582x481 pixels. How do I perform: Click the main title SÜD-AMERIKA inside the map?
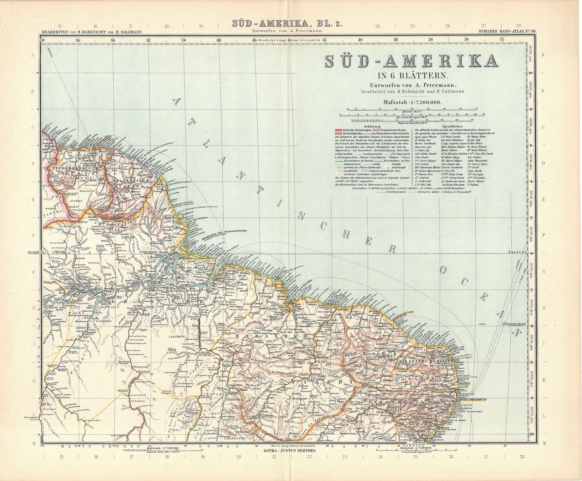pos(411,62)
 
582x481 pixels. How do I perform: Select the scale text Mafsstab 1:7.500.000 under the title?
pos(411,102)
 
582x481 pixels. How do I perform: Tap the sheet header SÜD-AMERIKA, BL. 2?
pos(287,24)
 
